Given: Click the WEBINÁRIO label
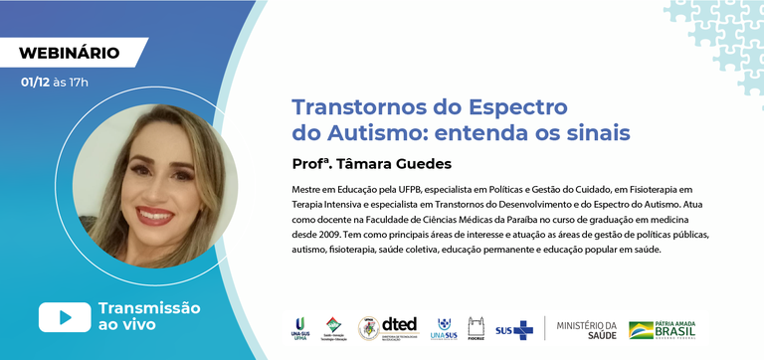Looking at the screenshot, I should pos(70,52).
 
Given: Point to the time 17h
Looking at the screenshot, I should pos(78,82).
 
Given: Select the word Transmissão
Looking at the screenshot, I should pos(149,308).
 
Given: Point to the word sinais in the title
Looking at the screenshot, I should pos(598,131).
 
